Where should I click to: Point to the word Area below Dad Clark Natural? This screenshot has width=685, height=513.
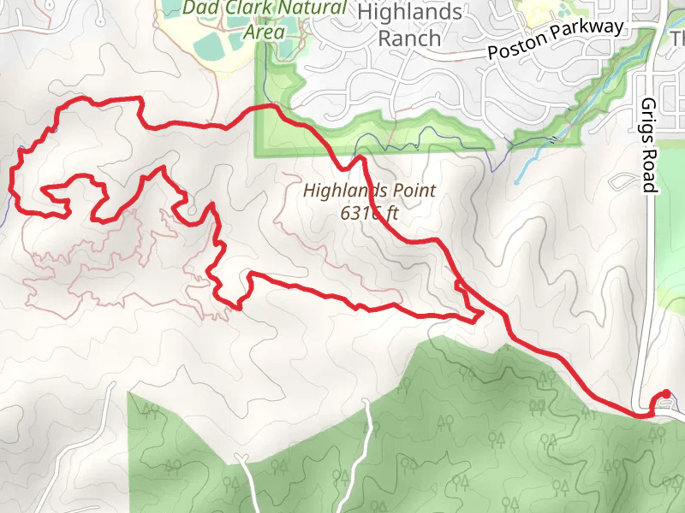coord(264,32)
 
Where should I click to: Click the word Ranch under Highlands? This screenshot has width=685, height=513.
coord(409,38)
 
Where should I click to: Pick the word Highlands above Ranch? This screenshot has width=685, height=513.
coord(409,13)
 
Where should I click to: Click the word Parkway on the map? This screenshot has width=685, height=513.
coord(591,32)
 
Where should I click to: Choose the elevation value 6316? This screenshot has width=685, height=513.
coord(358,213)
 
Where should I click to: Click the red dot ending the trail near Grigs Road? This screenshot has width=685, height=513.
coord(667,394)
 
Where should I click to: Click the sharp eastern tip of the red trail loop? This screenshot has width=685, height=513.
coord(481,315)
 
